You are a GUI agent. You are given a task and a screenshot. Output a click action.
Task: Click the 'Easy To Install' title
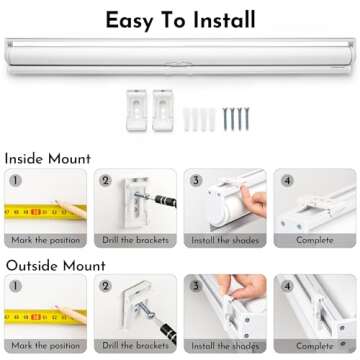tap(180, 20)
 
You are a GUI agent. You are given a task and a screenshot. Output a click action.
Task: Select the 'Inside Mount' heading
tap(48, 159)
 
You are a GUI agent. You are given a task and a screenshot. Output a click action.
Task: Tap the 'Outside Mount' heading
tap(56, 266)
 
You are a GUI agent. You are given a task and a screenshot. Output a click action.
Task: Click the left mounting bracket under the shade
tap(137, 110)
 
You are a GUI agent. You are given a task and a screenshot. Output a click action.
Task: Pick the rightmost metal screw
tap(247, 119)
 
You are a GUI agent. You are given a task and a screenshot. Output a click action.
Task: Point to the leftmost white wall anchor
tap(187, 119)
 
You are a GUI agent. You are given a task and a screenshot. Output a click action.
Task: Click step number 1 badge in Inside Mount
tap(15, 180)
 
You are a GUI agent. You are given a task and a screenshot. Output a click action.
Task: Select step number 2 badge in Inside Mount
tap(105, 180)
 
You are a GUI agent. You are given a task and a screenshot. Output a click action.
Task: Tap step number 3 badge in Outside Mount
tap(196, 286)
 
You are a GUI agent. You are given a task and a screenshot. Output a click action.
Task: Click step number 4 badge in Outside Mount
tap(287, 286)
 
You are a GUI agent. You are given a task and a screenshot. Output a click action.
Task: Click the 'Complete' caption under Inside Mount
tap(315, 240)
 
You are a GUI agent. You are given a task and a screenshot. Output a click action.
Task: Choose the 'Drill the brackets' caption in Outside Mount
tap(135, 346)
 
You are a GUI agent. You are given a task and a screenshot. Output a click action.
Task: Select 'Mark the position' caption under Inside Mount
tap(46, 240)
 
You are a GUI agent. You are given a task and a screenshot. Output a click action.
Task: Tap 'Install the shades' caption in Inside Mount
tap(225, 240)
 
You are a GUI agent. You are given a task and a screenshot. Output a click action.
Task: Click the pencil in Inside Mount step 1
tap(71, 209)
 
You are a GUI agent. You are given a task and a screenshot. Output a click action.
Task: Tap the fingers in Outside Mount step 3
tap(244, 286)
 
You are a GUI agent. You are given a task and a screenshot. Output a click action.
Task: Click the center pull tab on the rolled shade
tap(179, 63)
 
